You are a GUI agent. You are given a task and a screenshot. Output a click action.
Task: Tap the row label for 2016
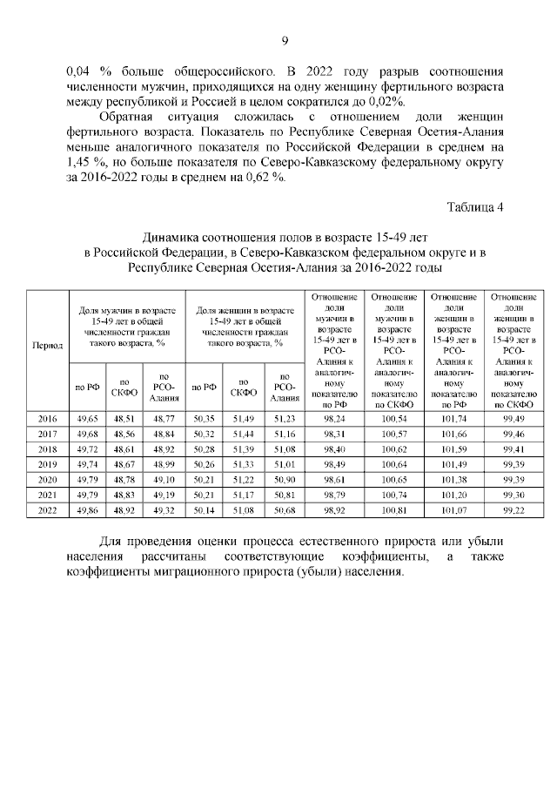coord(47,419)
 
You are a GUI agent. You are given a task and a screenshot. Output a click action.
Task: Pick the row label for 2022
coord(47,509)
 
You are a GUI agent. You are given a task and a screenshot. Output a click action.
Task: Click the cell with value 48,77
coord(164,419)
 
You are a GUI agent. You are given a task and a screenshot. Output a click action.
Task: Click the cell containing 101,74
coord(453,419)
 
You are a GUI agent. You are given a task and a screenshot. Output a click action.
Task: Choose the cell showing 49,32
coord(164,509)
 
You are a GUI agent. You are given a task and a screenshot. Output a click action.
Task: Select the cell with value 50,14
coord(205,509)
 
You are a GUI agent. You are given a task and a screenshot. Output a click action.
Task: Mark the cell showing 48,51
coord(124,419)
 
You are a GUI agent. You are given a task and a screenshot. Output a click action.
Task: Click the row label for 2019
coord(47,464)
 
